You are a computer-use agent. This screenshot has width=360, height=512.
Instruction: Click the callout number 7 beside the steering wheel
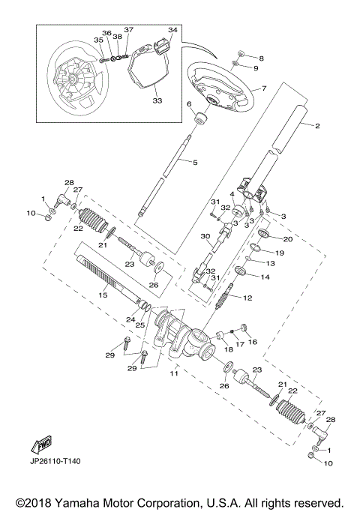(x=264, y=88)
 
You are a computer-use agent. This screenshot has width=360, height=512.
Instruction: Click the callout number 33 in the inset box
(x=157, y=99)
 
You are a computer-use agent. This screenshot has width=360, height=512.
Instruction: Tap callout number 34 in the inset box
(x=172, y=30)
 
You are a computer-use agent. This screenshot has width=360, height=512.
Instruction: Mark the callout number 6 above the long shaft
(x=189, y=104)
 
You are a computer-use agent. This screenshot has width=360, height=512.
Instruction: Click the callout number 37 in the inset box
(x=128, y=29)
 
